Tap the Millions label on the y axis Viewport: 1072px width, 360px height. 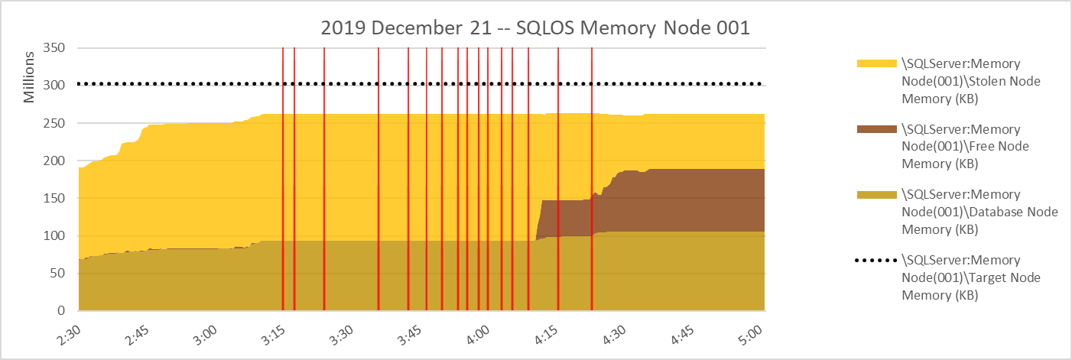click(x=29, y=76)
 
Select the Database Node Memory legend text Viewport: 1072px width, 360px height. click(x=979, y=212)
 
